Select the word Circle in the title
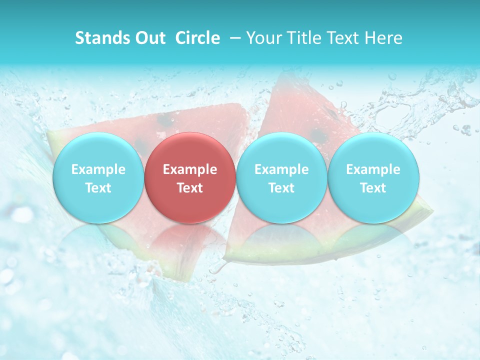(197, 38)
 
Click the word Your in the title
(263, 38)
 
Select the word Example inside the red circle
(189, 169)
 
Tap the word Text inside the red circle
(189, 188)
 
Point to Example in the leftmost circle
(98, 169)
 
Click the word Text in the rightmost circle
(373, 188)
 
